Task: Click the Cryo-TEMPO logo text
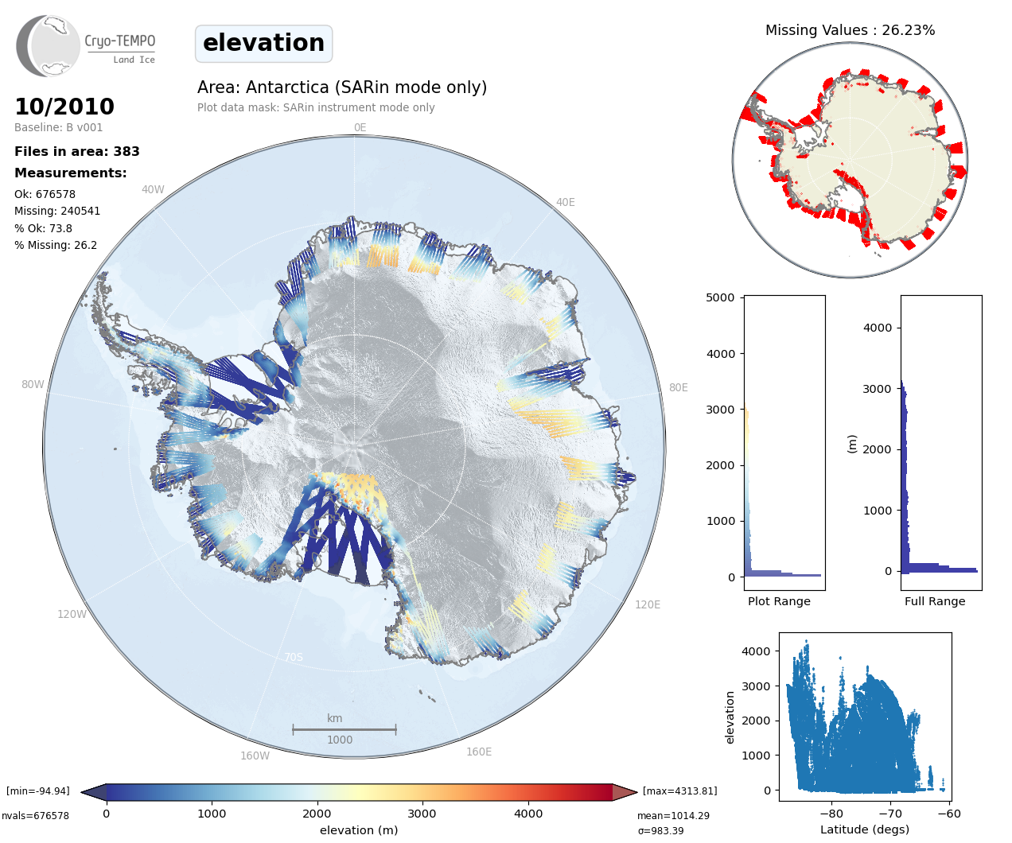[x=120, y=41]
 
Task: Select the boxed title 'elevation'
[x=263, y=43]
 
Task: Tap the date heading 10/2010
[x=64, y=107]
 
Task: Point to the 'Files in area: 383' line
[x=77, y=151]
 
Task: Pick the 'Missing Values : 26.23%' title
[x=850, y=30]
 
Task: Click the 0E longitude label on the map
[x=360, y=127]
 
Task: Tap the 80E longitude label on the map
[x=678, y=387]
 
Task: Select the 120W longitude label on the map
[x=72, y=614]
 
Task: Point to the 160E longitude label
[x=479, y=752]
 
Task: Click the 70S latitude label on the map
[x=294, y=657]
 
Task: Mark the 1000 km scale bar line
[x=344, y=728]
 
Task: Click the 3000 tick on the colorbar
[x=422, y=814]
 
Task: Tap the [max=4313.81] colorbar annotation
[x=679, y=791]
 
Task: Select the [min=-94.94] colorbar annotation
[x=38, y=791]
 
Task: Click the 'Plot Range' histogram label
[x=779, y=601]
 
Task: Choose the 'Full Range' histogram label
[x=935, y=601]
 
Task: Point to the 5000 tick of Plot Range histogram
[x=720, y=297]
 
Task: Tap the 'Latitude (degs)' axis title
[x=865, y=829]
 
